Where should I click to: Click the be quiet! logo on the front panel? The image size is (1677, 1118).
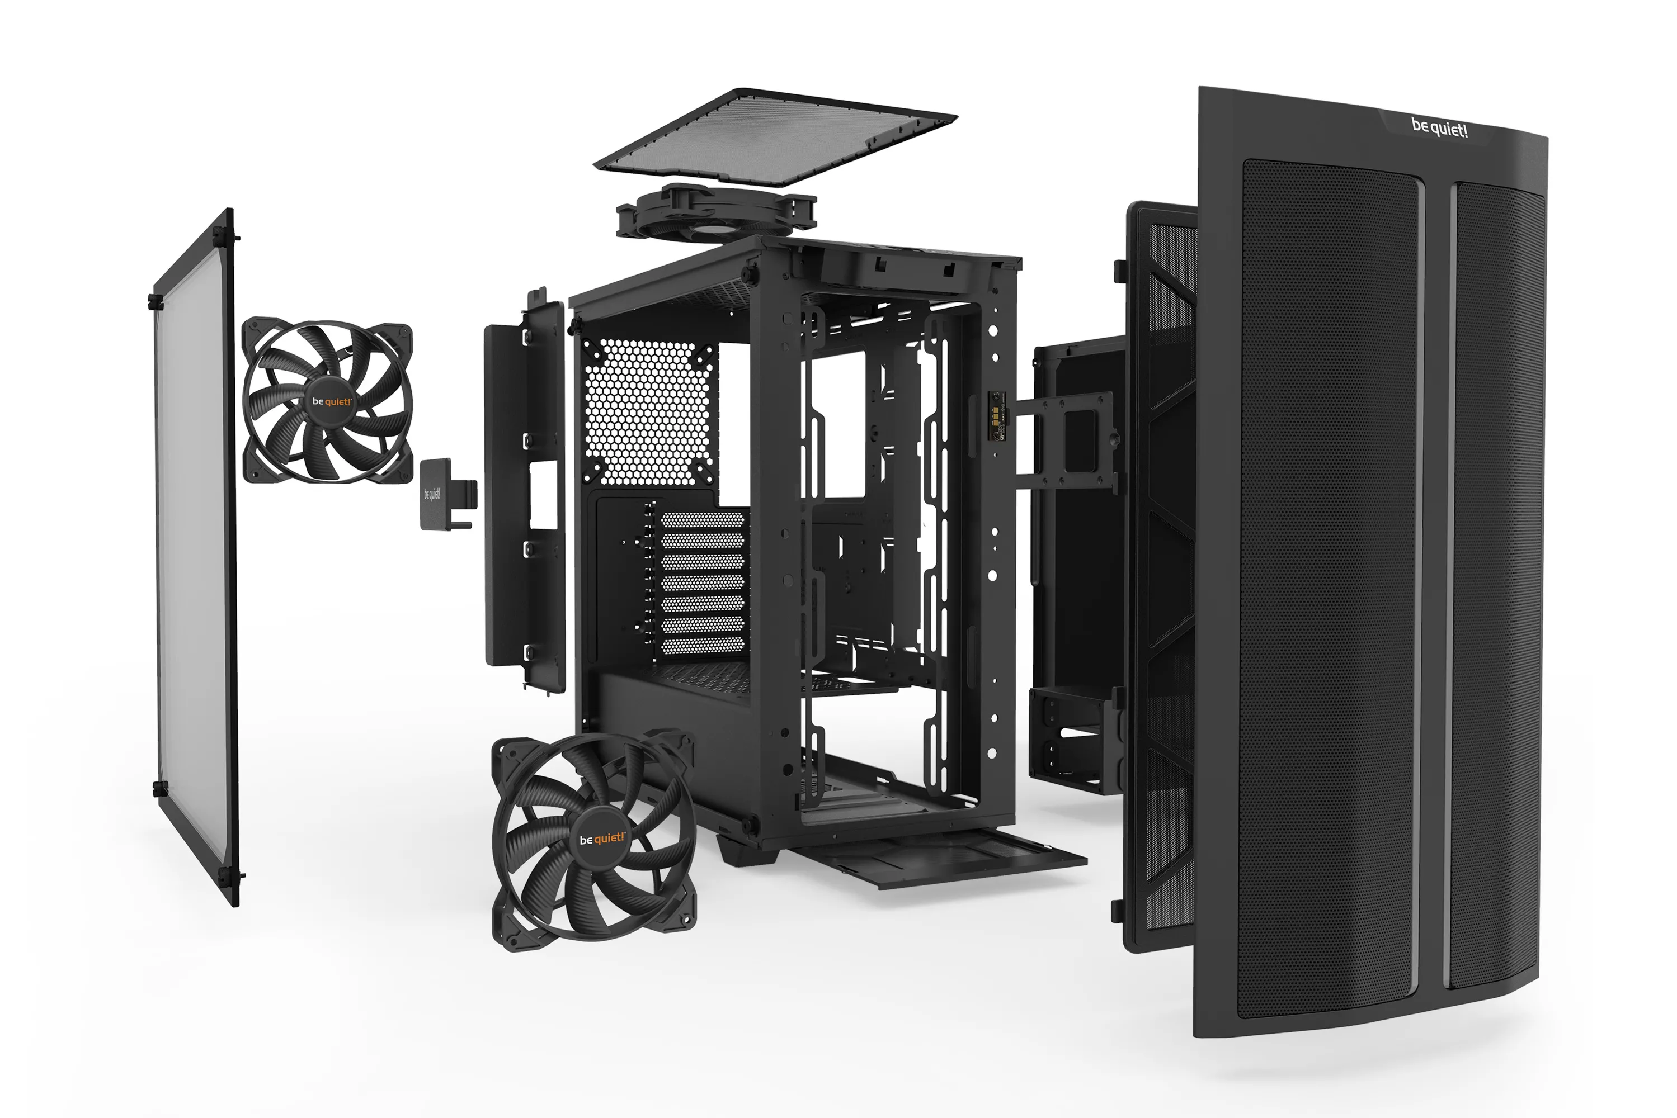(1439, 129)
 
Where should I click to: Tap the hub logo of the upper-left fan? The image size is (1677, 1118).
(331, 401)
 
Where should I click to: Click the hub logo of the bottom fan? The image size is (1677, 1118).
(601, 839)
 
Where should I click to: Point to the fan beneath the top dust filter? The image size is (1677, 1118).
(715, 212)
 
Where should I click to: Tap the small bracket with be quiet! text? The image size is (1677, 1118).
(436, 494)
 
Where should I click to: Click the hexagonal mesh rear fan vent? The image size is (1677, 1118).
(649, 412)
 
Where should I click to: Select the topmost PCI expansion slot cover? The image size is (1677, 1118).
(703, 520)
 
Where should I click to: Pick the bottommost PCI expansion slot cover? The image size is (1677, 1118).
(703, 647)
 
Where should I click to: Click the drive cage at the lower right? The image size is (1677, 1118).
(1073, 742)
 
